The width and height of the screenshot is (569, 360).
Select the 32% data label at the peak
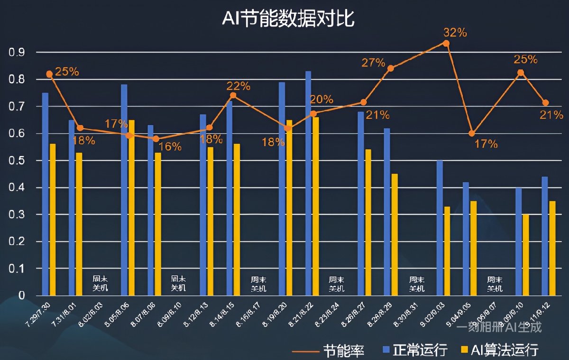pos(455,33)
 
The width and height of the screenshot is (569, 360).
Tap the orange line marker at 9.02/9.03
pos(446,43)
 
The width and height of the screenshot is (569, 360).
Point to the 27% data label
pos(374,63)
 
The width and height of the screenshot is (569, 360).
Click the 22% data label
pos(238,86)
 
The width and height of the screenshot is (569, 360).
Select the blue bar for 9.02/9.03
pos(440,228)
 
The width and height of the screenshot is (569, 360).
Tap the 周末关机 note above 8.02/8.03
pos(100,284)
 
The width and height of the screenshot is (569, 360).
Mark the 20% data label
pos(321,100)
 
